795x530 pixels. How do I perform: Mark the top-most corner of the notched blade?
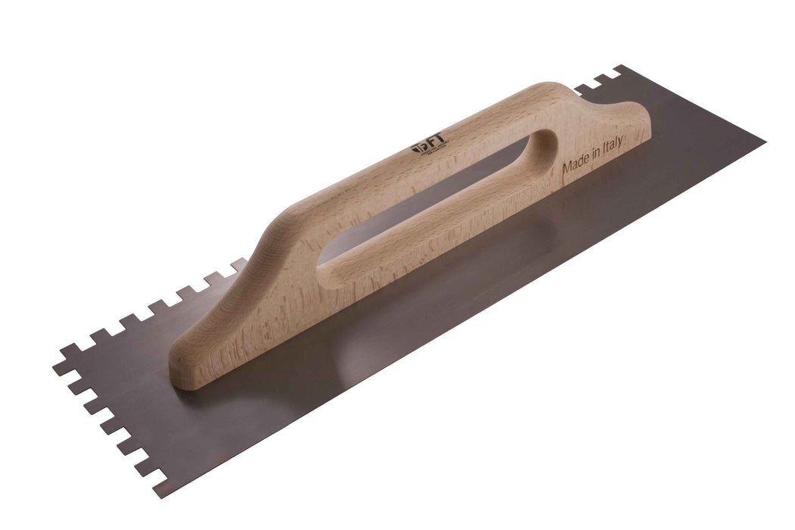coord(622,68)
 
